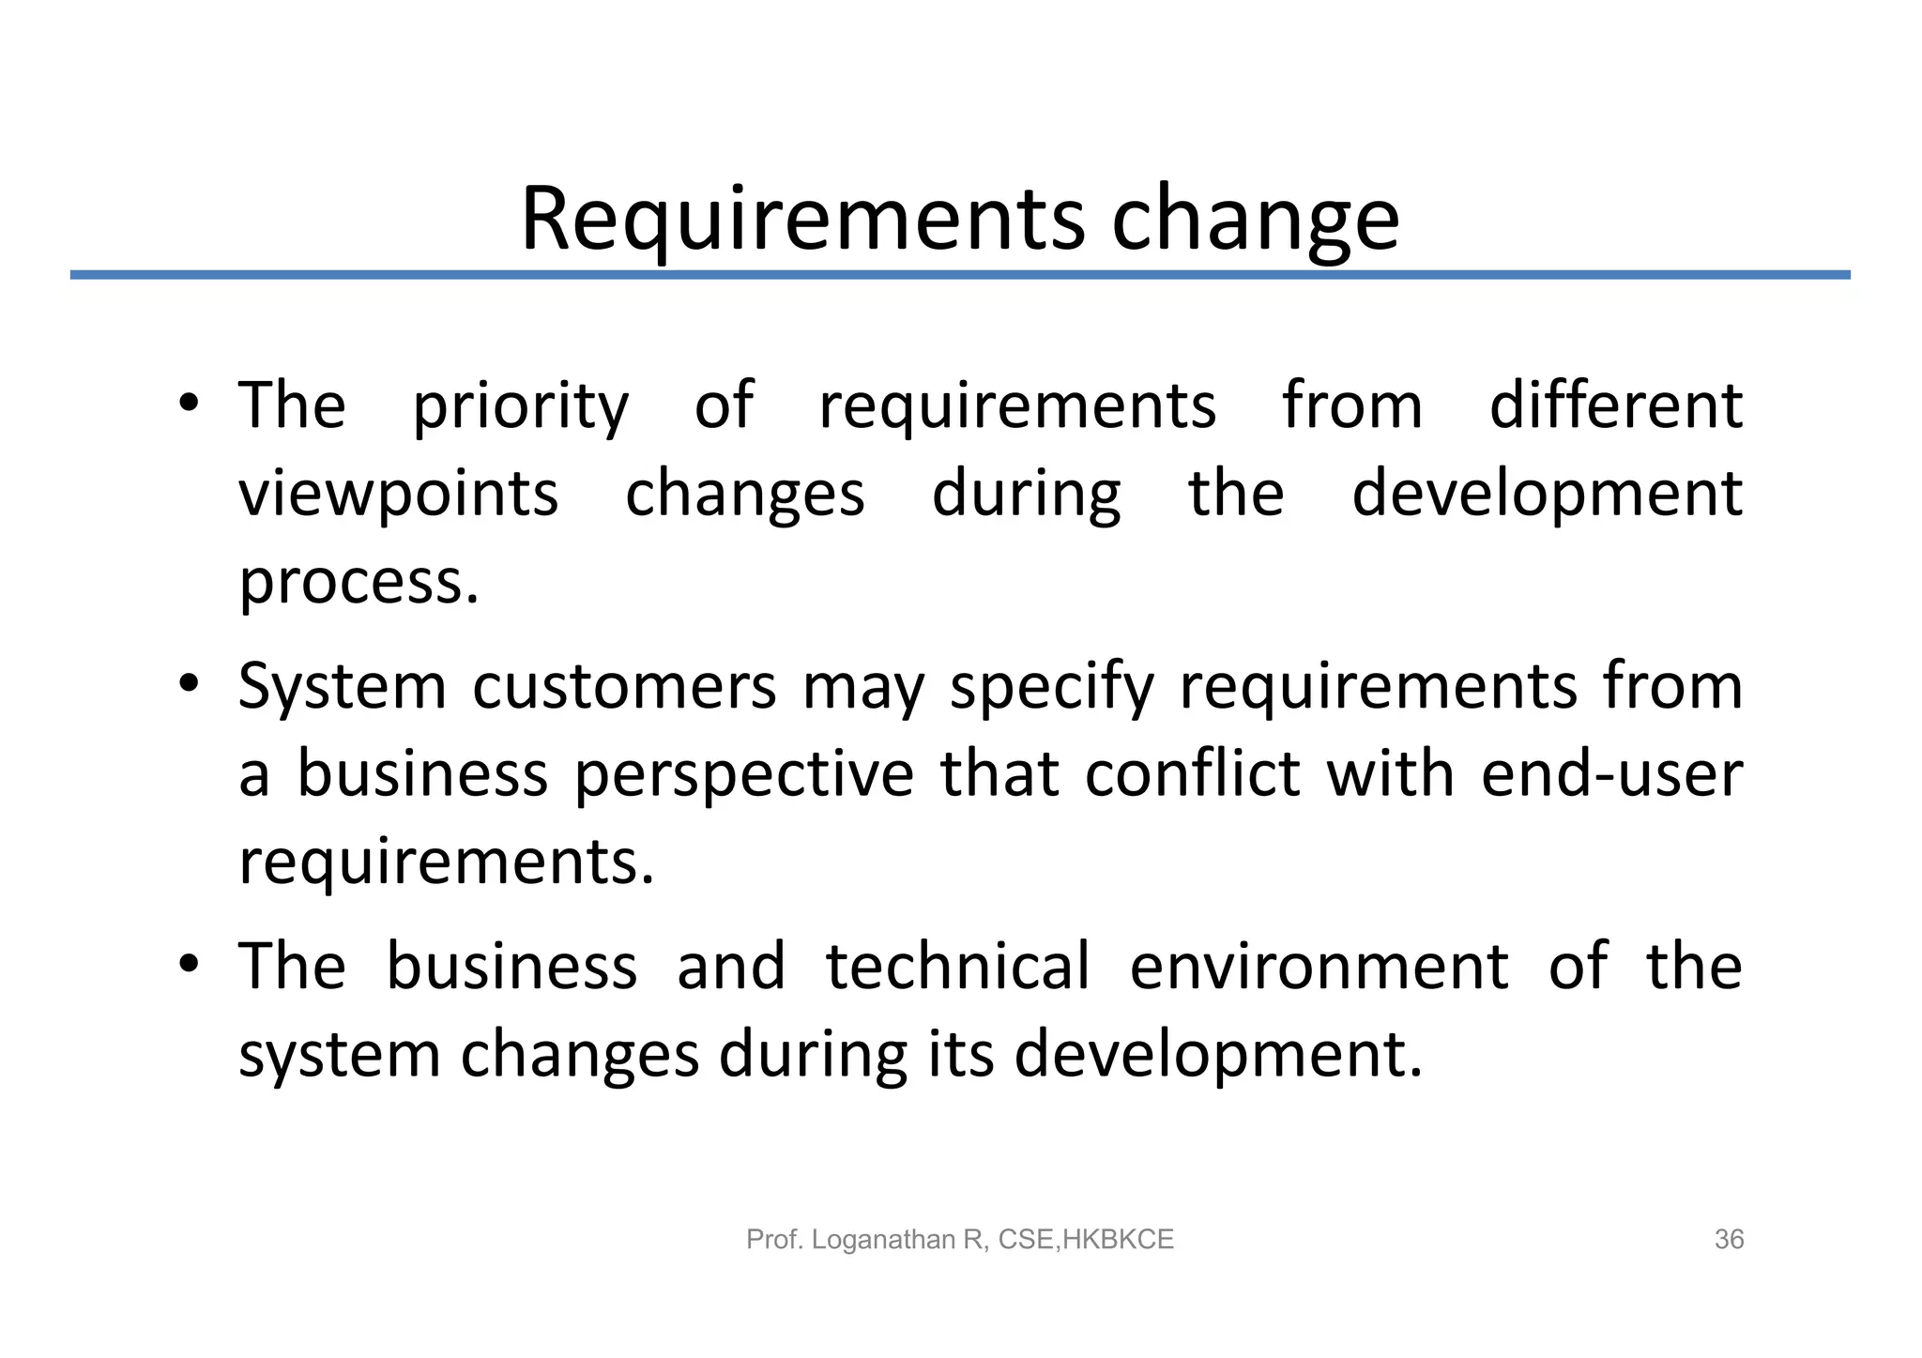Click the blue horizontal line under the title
960,275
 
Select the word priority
521,407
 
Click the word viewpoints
399,495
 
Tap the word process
358,583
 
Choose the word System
342,687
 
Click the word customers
624,687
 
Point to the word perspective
743,776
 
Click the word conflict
1192,774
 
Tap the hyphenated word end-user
1611,774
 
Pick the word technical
957,966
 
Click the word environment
1319,967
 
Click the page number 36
1729,1240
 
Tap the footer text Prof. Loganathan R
863,1240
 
